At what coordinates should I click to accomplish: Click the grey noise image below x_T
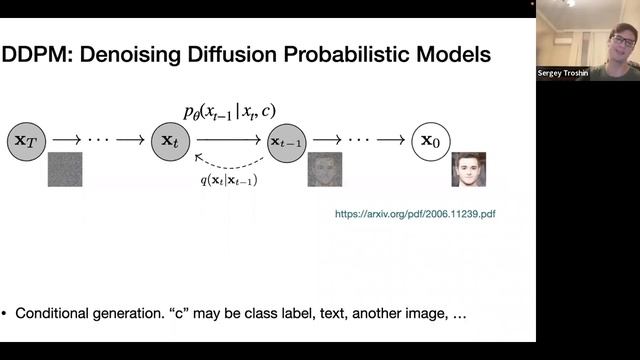[65, 170]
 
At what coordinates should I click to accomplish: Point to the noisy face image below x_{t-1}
[324, 170]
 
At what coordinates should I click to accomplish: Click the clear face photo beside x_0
[468, 170]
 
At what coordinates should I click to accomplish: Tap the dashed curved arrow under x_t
[229, 162]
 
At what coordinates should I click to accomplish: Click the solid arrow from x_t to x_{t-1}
[230, 141]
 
